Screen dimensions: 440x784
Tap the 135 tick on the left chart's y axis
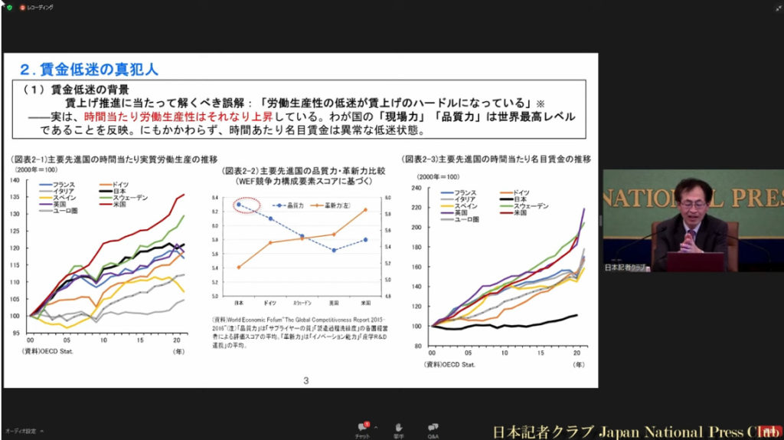tap(15, 196)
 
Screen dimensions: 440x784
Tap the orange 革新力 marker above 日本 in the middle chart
tap(240, 267)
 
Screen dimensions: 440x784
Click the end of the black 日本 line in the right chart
tap(576, 314)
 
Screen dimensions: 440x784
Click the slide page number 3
tap(306, 380)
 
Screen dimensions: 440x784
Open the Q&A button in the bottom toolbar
tap(433, 429)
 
